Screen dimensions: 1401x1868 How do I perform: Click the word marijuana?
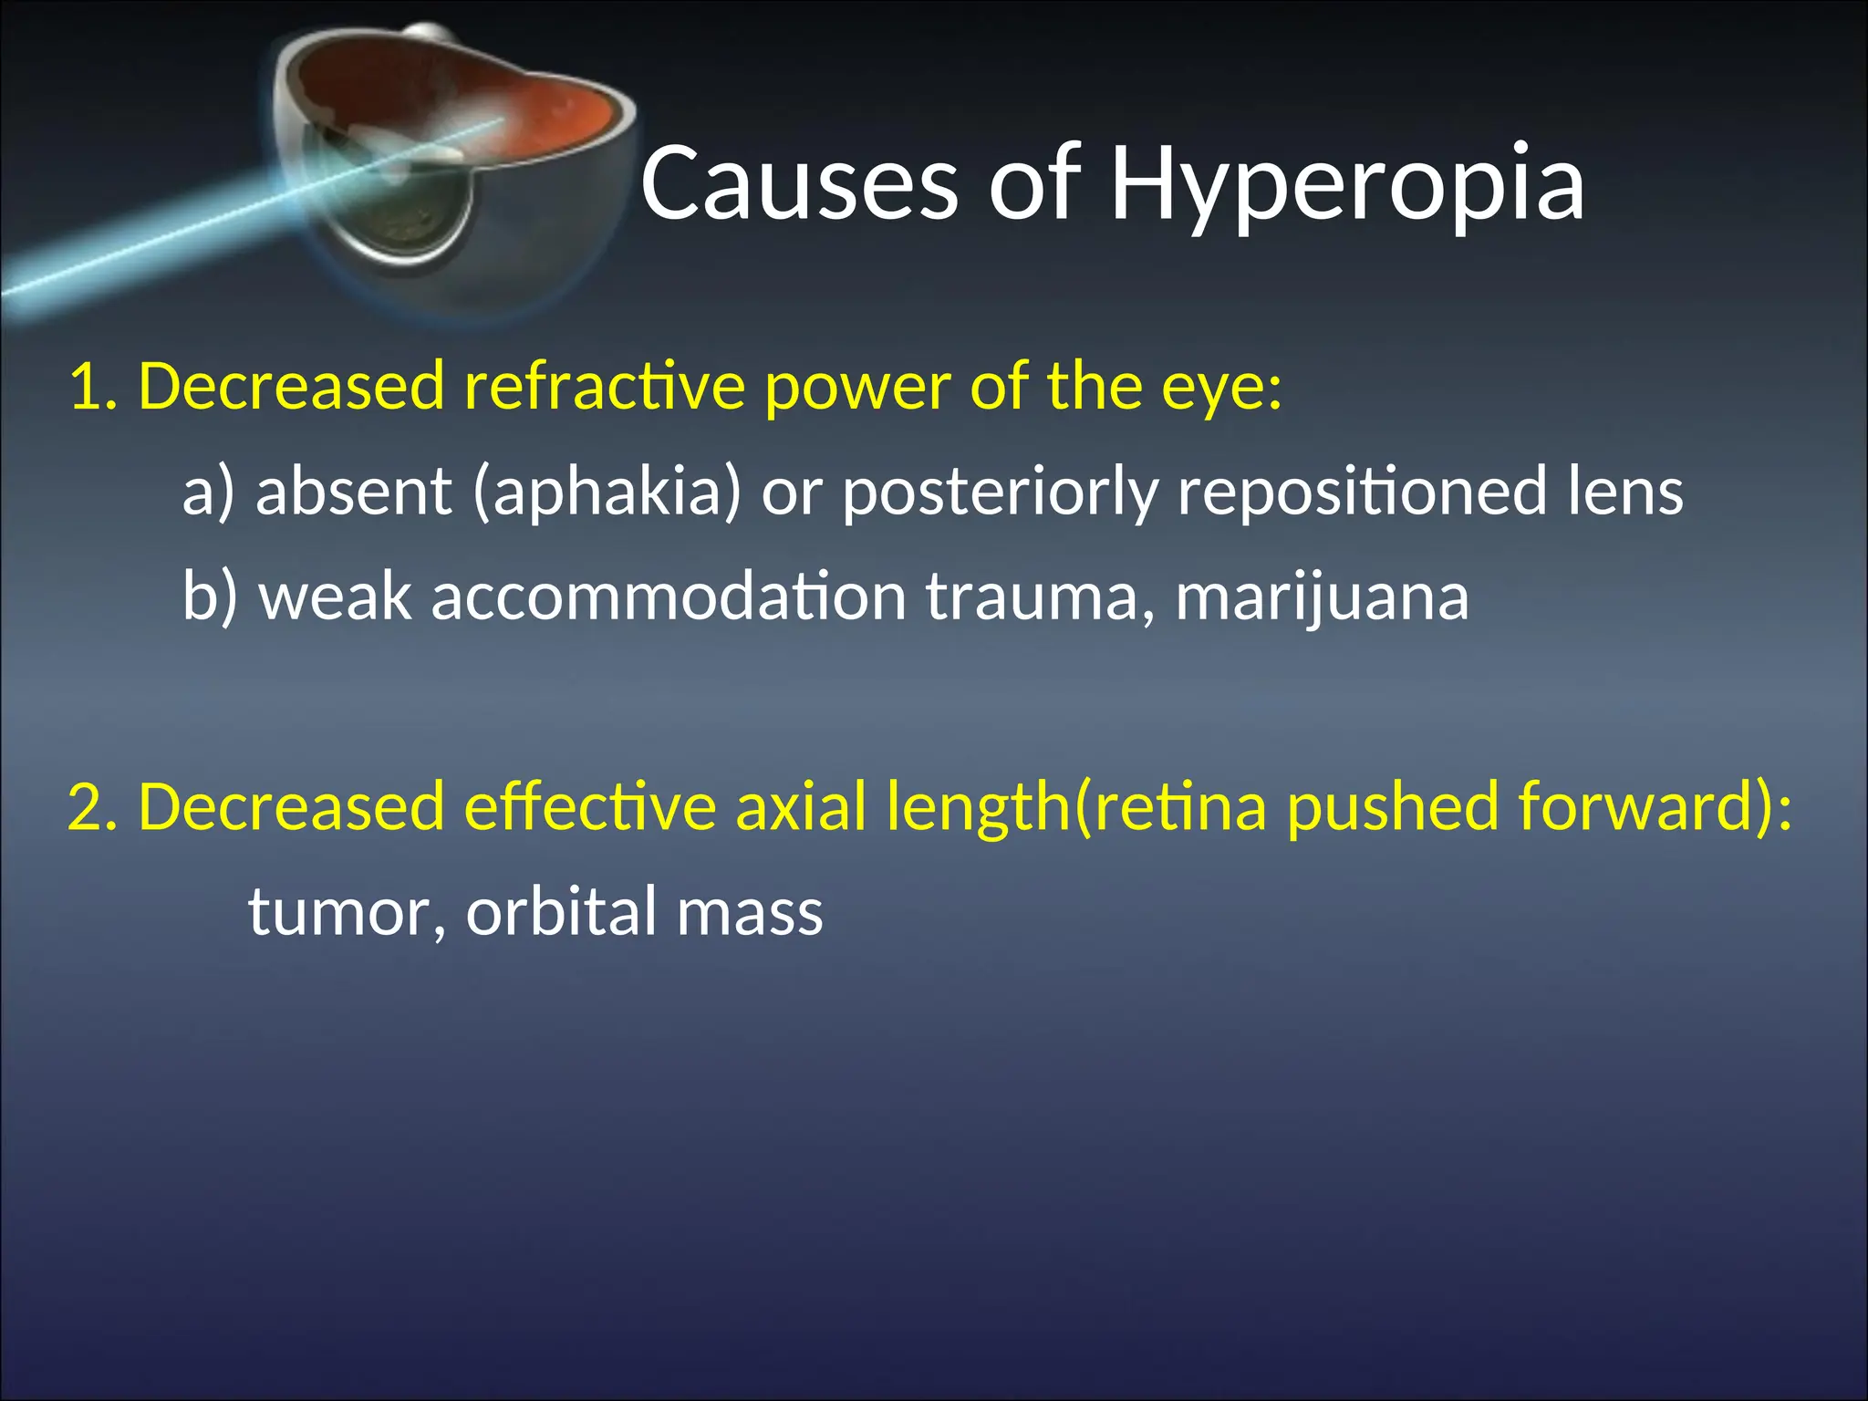pos(1322,598)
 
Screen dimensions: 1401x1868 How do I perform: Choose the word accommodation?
pos(669,598)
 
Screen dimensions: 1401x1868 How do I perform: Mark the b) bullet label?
pos(209,598)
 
